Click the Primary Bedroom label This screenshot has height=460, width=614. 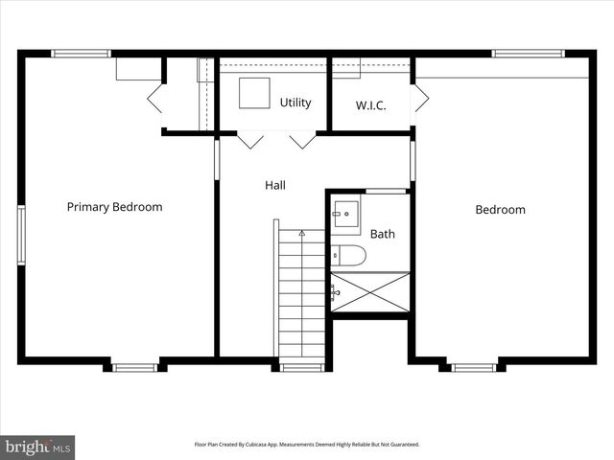click(114, 207)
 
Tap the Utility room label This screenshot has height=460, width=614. click(295, 103)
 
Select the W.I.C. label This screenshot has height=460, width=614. click(370, 105)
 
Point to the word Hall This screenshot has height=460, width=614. click(275, 185)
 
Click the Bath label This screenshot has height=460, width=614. click(382, 233)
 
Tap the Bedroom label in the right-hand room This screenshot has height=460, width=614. click(500, 210)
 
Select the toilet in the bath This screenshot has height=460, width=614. click(349, 255)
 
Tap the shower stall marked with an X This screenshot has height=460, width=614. click(370, 292)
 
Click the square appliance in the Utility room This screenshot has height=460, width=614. click(253, 93)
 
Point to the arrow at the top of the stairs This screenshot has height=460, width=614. click(301, 233)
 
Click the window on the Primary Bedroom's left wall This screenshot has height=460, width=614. click(21, 234)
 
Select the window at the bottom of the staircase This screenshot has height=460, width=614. click(301, 367)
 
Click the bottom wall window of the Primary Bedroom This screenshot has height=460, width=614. click(134, 367)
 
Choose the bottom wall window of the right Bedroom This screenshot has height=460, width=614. click(473, 367)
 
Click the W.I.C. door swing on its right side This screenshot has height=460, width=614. click(420, 98)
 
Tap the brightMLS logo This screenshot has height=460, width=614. click(37, 447)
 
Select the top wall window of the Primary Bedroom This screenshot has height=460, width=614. click(82, 54)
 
